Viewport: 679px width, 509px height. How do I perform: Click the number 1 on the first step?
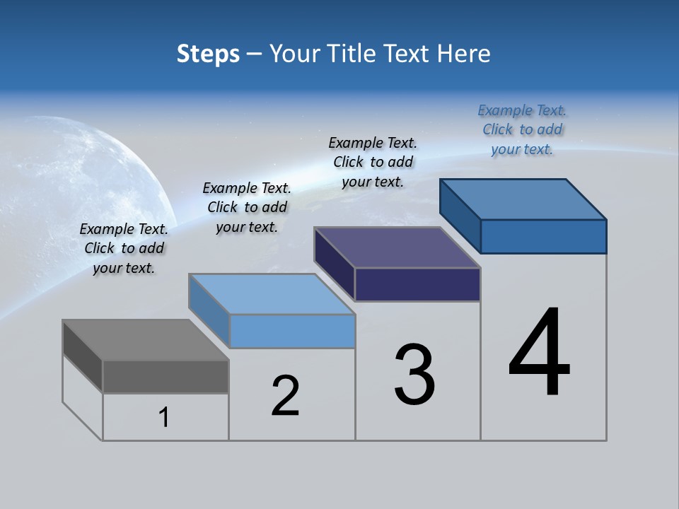pyautogui.click(x=164, y=418)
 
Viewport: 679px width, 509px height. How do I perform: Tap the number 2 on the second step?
pyautogui.click(x=285, y=396)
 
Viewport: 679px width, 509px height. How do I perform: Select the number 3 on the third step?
pyautogui.click(x=414, y=375)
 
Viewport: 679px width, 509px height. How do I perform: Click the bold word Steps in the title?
pyautogui.click(x=208, y=53)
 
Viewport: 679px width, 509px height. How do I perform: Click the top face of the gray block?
pyautogui.click(x=145, y=340)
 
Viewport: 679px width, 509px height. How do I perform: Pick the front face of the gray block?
pyautogui.click(x=166, y=376)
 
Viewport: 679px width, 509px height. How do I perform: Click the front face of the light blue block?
pyautogui.click(x=292, y=331)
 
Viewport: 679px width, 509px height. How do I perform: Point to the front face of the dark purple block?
pyautogui.click(x=417, y=284)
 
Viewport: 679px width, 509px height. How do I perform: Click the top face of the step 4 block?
pyautogui.click(x=523, y=199)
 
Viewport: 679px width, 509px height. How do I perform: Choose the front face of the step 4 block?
pyautogui.click(x=543, y=236)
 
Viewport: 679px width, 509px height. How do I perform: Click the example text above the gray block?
pyautogui.click(x=124, y=248)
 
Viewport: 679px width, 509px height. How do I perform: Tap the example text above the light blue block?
pyautogui.click(x=247, y=207)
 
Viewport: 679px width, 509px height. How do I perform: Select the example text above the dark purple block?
pyautogui.click(x=373, y=162)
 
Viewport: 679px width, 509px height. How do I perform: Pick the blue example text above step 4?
pyautogui.click(x=522, y=129)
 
